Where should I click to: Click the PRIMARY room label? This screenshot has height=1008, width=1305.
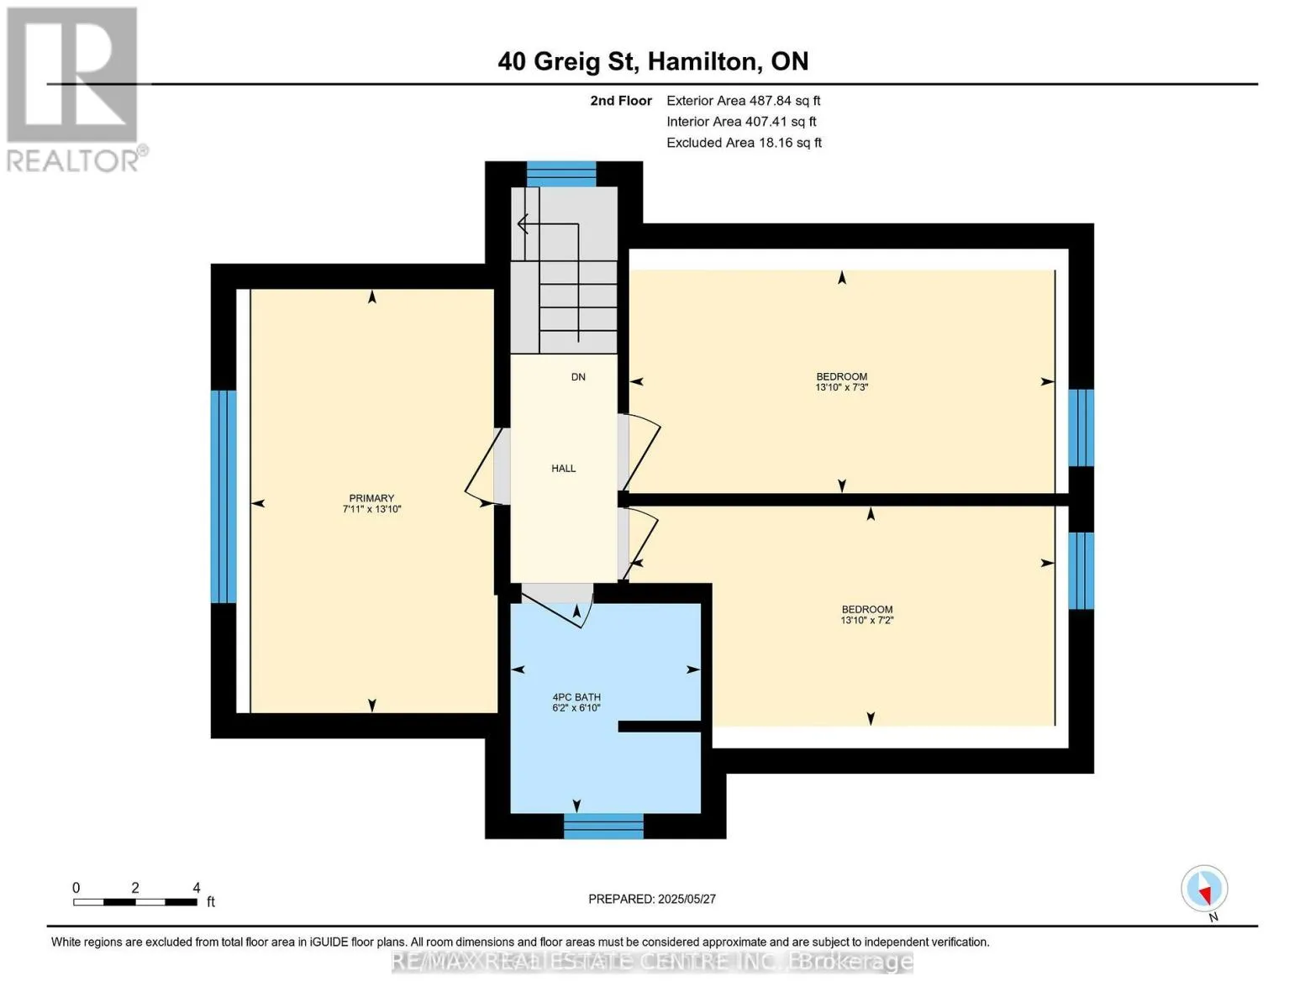[371, 497]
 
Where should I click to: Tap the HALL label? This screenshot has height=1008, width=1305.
[563, 468]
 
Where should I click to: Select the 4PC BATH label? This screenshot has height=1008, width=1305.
[576, 697]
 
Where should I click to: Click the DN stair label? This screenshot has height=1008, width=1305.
[578, 377]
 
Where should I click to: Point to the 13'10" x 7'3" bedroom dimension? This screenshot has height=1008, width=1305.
[841, 387]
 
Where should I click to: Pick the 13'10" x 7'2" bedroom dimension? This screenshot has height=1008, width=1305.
[866, 620]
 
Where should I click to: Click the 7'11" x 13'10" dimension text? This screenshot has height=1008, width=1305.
[371, 509]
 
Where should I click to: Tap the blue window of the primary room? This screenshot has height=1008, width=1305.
[224, 496]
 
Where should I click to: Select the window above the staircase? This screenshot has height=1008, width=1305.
[561, 174]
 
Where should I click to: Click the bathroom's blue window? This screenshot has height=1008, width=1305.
[603, 826]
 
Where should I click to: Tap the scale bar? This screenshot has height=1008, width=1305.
[135, 901]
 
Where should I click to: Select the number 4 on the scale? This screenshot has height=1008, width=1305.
[197, 887]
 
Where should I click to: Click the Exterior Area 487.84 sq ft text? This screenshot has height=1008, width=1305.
[743, 101]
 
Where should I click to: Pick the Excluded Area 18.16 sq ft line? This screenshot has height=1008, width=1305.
[744, 143]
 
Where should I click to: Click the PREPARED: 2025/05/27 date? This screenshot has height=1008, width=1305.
[651, 899]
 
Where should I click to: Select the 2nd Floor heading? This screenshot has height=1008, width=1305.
[620, 101]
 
